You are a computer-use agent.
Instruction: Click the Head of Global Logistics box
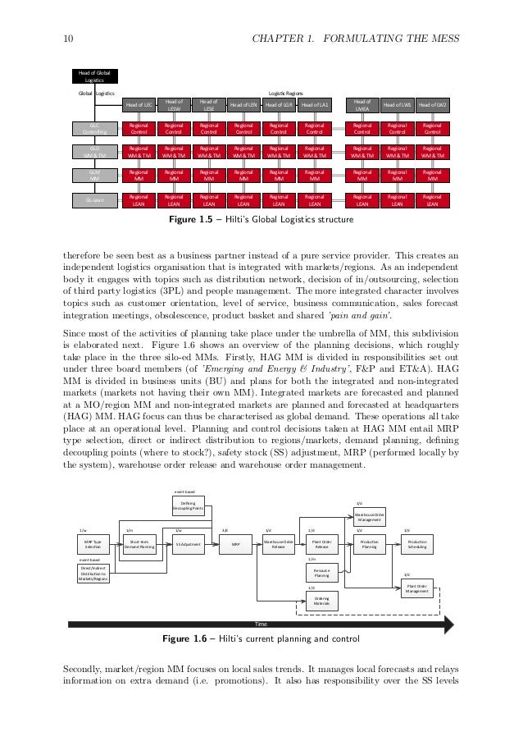point(95,77)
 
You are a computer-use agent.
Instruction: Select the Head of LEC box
point(139,106)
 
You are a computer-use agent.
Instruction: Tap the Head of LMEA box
point(362,104)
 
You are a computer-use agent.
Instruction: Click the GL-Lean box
point(94,199)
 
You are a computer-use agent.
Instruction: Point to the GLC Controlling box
point(94,128)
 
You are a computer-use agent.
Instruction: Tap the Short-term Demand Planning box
point(139,544)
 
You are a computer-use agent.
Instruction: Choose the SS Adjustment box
point(189,544)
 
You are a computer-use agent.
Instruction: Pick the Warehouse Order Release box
point(279,544)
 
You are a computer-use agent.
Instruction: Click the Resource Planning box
point(321,574)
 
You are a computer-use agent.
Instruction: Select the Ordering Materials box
point(321,602)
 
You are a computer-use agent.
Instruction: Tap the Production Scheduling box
point(417,544)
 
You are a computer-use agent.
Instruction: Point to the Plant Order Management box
point(417,589)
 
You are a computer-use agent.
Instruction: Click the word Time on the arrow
point(262,626)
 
